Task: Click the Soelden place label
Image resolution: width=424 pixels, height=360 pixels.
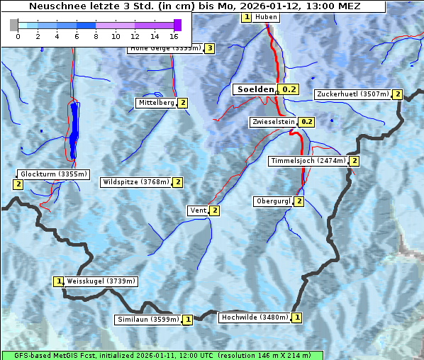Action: pyautogui.click(x=255, y=89)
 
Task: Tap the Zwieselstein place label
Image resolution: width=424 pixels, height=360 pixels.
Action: pyautogui.click(x=272, y=122)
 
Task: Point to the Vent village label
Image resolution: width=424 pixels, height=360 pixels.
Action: pyautogui.click(x=198, y=210)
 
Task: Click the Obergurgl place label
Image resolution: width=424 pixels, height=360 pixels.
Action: pyautogui.click(x=273, y=201)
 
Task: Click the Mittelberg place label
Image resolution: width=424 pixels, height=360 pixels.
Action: pyautogui.click(x=156, y=103)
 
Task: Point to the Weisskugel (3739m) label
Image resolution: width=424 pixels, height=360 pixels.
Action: pyautogui.click(x=101, y=281)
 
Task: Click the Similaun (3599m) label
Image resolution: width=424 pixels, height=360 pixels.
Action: pyautogui.click(x=148, y=320)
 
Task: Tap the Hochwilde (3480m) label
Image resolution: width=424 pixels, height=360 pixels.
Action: pyautogui.click(x=255, y=317)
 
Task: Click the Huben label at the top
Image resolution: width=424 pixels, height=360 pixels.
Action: pyautogui.click(x=266, y=17)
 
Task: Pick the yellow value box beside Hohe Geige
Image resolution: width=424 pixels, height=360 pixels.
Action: pyautogui.click(x=209, y=48)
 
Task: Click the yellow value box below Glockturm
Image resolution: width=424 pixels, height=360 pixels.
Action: pyautogui.click(x=18, y=184)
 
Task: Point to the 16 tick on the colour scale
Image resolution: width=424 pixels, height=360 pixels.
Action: pyautogui.click(x=174, y=36)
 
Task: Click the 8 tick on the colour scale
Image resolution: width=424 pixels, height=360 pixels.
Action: pyautogui.click(x=96, y=36)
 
